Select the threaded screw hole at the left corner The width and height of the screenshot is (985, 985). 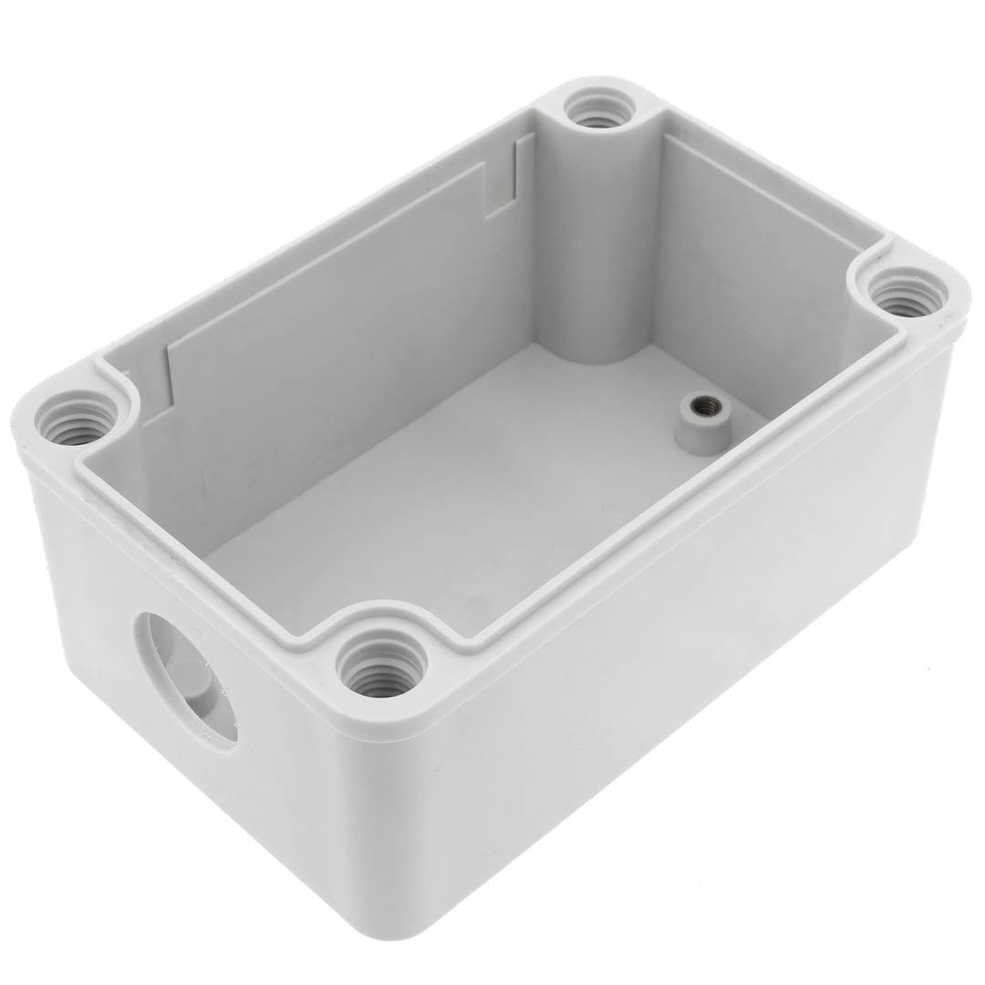(77, 419)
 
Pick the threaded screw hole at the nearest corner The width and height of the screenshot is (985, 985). (381, 663)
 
